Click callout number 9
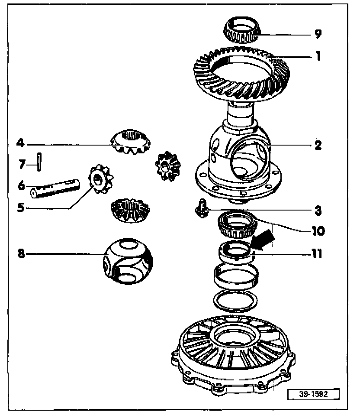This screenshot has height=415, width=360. (318, 33)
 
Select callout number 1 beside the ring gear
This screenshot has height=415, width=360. (318, 56)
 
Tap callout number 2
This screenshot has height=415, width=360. (318, 145)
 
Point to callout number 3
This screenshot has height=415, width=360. (318, 211)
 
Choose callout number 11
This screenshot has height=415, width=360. (317, 253)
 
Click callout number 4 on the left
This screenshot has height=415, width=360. (19, 142)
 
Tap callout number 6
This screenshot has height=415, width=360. (20, 185)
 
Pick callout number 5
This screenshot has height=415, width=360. (20, 207)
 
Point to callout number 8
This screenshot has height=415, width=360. (21, 254)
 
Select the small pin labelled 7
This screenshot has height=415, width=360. (39, 162)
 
